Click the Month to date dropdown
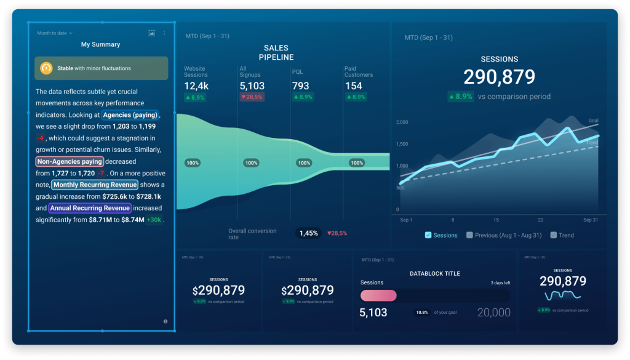point(55,33)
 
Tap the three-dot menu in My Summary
point(164,33)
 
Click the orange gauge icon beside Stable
point(46,68)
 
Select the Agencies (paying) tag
point(130,115)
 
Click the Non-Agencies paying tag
point(69,161)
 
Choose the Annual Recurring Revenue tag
point(90,208)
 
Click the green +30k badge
point(154,220)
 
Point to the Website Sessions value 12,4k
point(197,86)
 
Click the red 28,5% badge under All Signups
point(252,97)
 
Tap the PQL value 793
point(301,86)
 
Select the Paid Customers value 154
point(354,86)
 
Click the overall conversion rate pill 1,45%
point(308,233)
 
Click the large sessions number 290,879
point(499,77)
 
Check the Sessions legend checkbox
point(428,235)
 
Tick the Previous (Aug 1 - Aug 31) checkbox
point(469,235)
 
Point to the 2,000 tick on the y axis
point(402,122)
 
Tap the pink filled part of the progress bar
point(378,295)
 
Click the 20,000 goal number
point(493,313)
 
